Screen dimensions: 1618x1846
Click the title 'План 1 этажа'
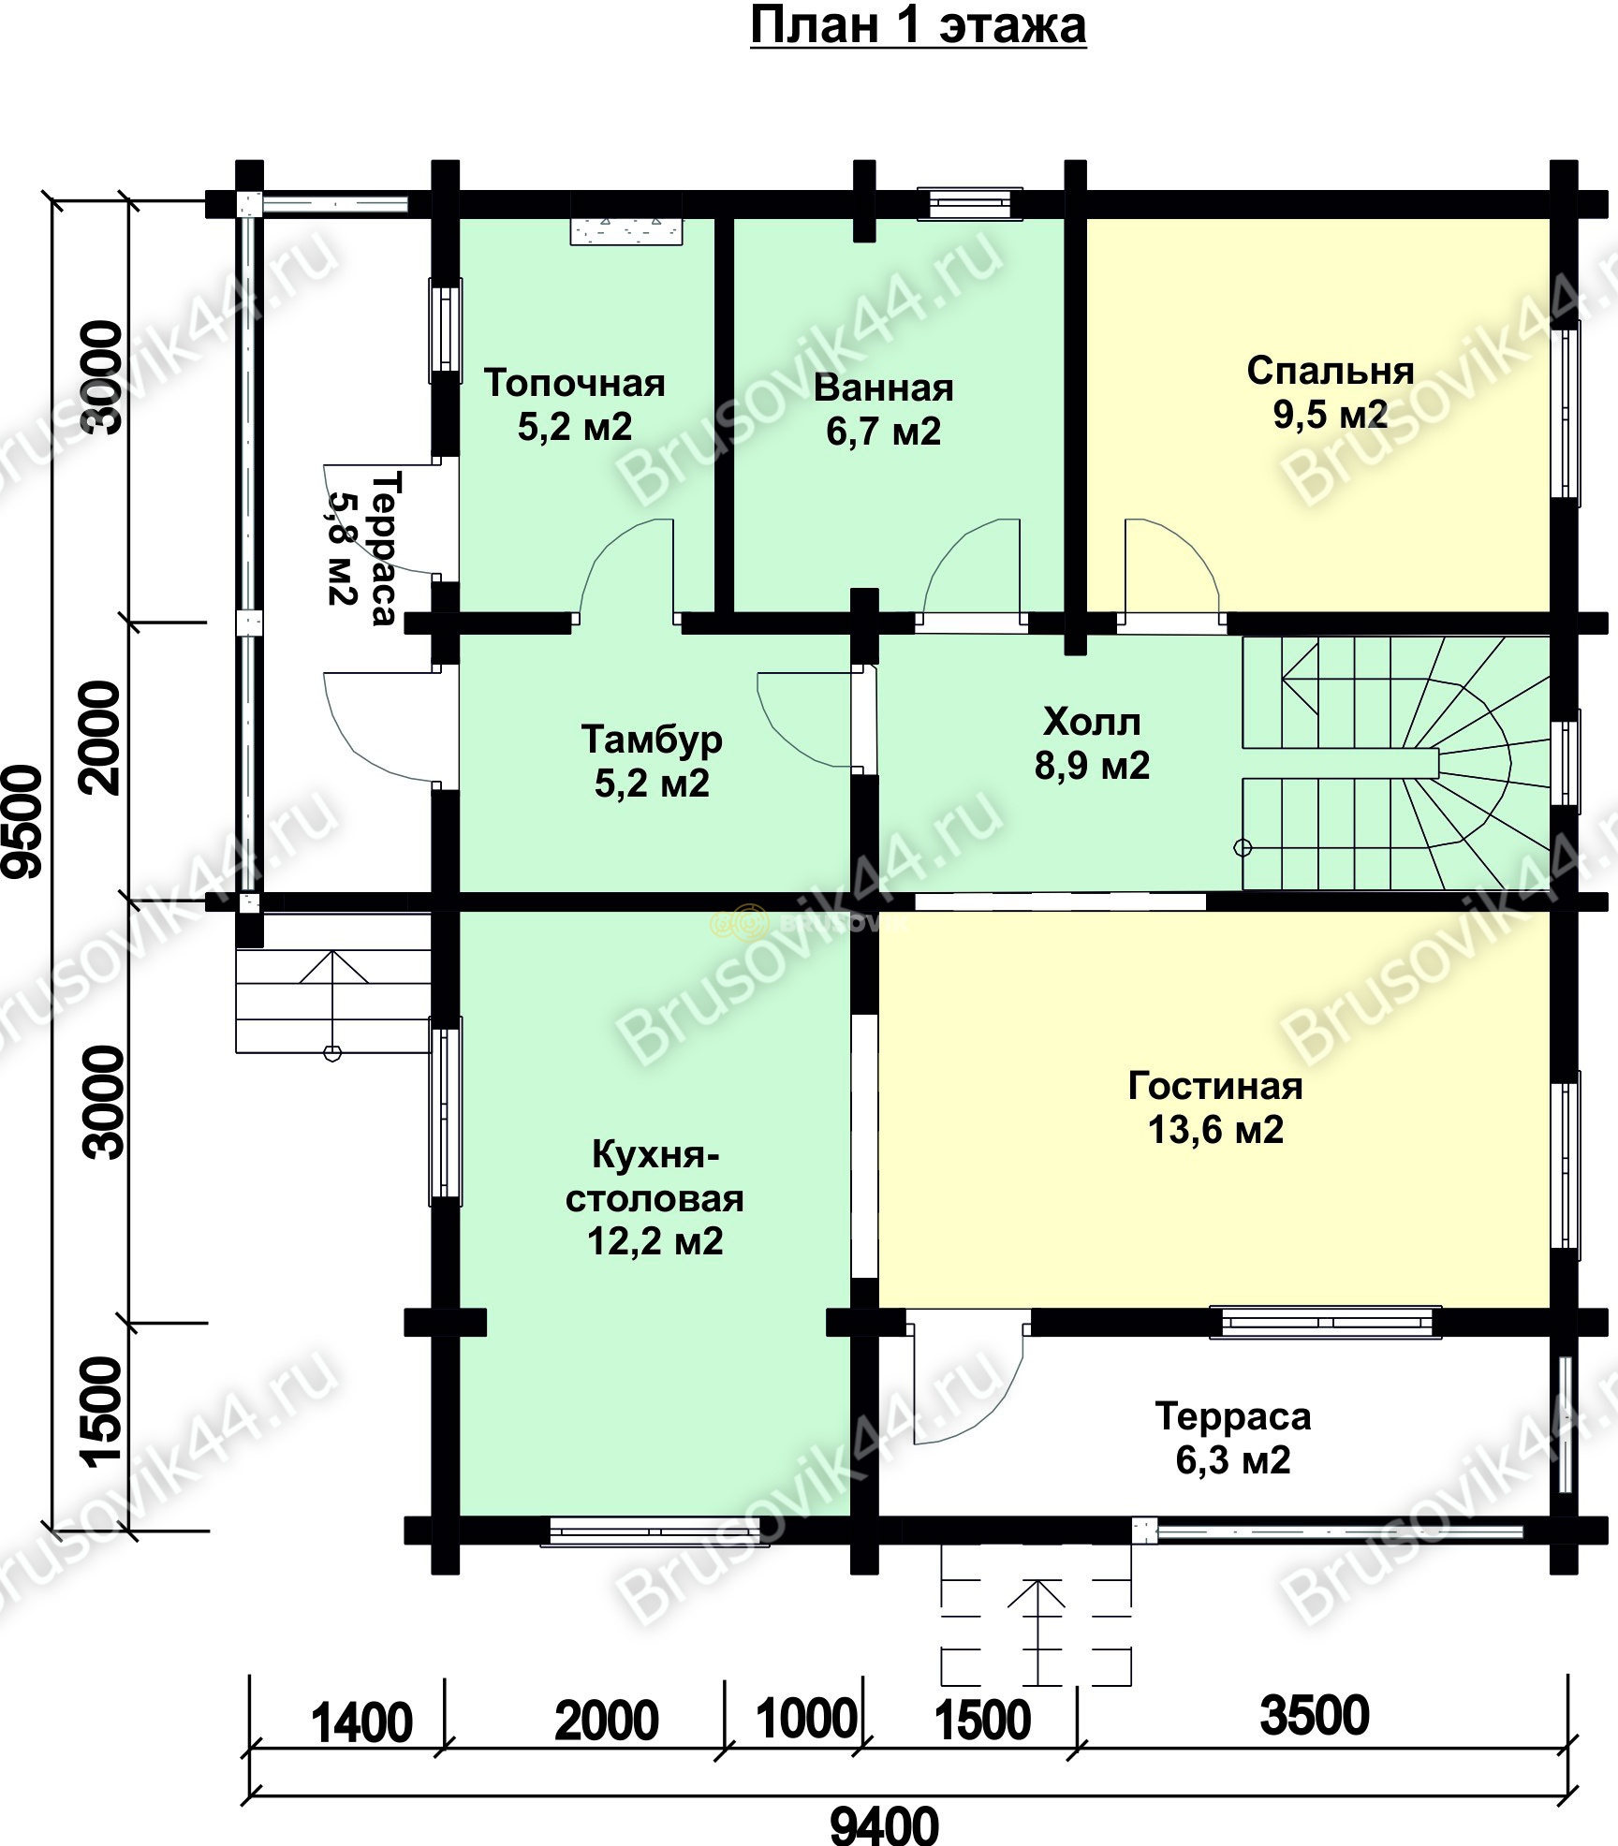tap(918, 26)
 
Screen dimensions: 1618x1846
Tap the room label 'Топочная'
tap(575, 383)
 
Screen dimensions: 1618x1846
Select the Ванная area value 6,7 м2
tap(883, 432)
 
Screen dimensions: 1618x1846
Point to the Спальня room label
tap(1331, 372)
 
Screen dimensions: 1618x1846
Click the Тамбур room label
tap(652, 740)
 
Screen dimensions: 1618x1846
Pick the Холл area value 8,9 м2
tap(1092, 766)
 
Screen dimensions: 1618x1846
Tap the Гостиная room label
tap(1215, 1086)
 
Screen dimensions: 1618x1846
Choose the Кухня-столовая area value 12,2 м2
tap(655, 1241)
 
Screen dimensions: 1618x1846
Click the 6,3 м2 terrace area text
tap(1233, 1459)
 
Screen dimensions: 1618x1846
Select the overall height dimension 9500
tap(24, 822)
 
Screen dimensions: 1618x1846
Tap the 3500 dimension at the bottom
tap(1315, 1715)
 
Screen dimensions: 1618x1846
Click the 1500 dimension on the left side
tap(103, 1410)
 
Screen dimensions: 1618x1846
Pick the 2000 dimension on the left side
tap(103, 738)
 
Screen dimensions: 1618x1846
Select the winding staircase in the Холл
tap(1395, 763)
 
